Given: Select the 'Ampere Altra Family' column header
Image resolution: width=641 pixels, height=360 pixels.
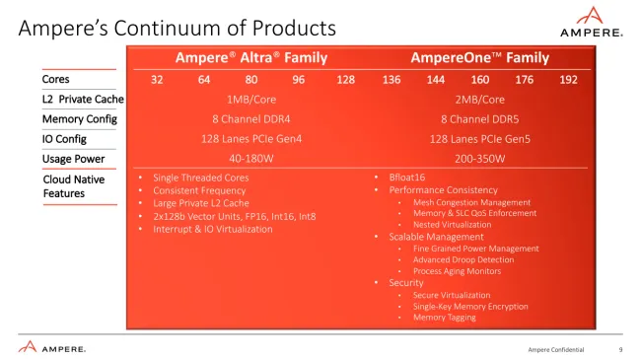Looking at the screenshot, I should pos(251,58).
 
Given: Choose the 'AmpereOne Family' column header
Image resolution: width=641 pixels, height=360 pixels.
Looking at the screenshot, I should pos(480,58).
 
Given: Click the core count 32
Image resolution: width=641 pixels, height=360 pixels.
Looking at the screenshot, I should pos(157,79).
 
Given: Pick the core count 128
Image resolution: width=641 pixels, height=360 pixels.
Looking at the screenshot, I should pos(345,79).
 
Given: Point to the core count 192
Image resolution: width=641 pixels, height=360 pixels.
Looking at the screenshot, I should pos(568,79).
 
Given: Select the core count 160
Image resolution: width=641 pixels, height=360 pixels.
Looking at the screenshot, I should pos(479,79).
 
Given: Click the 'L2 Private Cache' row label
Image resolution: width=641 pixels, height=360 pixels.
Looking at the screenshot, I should pos(83,99).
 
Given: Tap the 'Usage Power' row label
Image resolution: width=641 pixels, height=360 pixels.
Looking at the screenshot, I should pos(74,159).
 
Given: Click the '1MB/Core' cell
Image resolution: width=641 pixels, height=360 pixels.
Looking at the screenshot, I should pos(250,99).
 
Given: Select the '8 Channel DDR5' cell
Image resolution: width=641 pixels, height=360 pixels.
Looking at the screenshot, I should pos(480,118).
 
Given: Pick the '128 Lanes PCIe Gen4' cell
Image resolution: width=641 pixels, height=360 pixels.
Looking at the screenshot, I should pos(250,139).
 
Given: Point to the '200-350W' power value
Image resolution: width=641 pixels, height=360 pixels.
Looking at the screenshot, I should pos(480,159).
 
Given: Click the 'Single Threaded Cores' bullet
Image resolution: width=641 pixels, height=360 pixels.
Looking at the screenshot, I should pos(201,178).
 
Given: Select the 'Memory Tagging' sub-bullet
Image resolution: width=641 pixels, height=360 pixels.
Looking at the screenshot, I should pos(444,317).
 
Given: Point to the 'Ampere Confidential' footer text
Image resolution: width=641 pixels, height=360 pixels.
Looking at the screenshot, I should pos(556,349).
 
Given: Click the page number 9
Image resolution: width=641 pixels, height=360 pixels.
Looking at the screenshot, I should pos(620,349).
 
